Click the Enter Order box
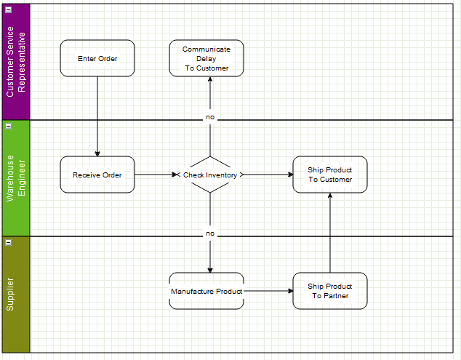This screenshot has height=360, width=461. pyautogui.click(x=97, y=58)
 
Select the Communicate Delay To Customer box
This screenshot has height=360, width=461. pyautogui.click(x=207, y=58)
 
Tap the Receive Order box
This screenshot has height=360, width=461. pyautogui.click(x=97, y=175)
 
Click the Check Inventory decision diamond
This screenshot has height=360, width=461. pyautogui.click(x=210, y=175)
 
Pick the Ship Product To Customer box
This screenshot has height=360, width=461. pyautogui.click(x=330, y=175)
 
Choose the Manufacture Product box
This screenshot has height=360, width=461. pyautogui.click(x=207, y=291)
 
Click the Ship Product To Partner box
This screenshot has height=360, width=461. pyautogui.click(x=330, y=291)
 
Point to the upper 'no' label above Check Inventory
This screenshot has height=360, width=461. pyautogui.click(x=210, y=117)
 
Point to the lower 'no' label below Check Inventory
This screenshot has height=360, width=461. pyautogui.click(x=210, y=233)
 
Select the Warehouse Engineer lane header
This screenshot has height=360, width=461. pyautogui.click(x=16, y=177)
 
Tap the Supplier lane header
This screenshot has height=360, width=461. pyautogui.click(x=16, y=295)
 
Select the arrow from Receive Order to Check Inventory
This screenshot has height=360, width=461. pyautogui.click(x=154, y=175)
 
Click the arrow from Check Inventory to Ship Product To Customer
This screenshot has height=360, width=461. pyautogui.click(x=268, y=175)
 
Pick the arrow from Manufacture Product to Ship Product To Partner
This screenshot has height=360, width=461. pyautogui.click(x=268, y=291)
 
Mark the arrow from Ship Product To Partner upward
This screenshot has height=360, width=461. pyautogui.click(x=330, y=233)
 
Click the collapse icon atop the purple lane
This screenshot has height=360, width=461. pyautogui.click(x=9, y=9)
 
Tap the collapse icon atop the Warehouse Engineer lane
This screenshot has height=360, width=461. pyautogui.click(x=9, y=126)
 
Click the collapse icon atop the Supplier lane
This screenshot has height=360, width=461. pyautogui.click(x=9, y=242)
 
